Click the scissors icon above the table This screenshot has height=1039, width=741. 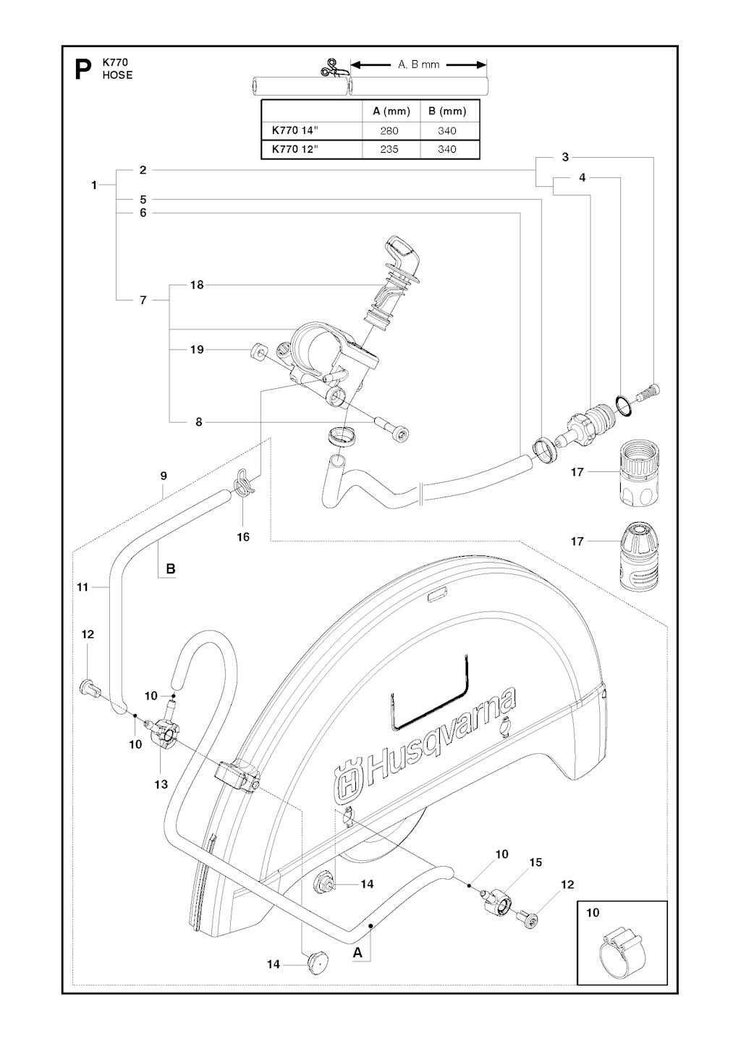pyautogui.click(x=331, y=67)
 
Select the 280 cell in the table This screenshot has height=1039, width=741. pyautogui.click(x=390, y=131)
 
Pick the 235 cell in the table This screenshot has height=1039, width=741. pyautogui.click(x=390, y=149)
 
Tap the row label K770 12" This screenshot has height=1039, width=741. pyautogui.click(x=295, y=149)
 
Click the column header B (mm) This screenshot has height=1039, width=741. pyautogui.click(x=447, y=112)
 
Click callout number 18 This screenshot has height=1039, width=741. pyautogui.click(x=197, y=285)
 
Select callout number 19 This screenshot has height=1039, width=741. pyautogui.click(x=197, y=350)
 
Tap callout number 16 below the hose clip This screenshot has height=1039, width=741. pyautogui.click(x=243, y=537)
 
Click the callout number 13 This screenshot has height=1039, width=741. pyautogui.click(x=161, y=784)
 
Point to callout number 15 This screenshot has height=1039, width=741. pyautogui.click(x=535, y=862)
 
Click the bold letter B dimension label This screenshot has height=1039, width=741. pyautogui.click(x=171, y=569)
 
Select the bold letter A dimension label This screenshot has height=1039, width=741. pyautogui.click(x=357, y=954)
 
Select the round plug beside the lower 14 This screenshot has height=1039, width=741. pyautogui.click(x=317, y=963)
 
